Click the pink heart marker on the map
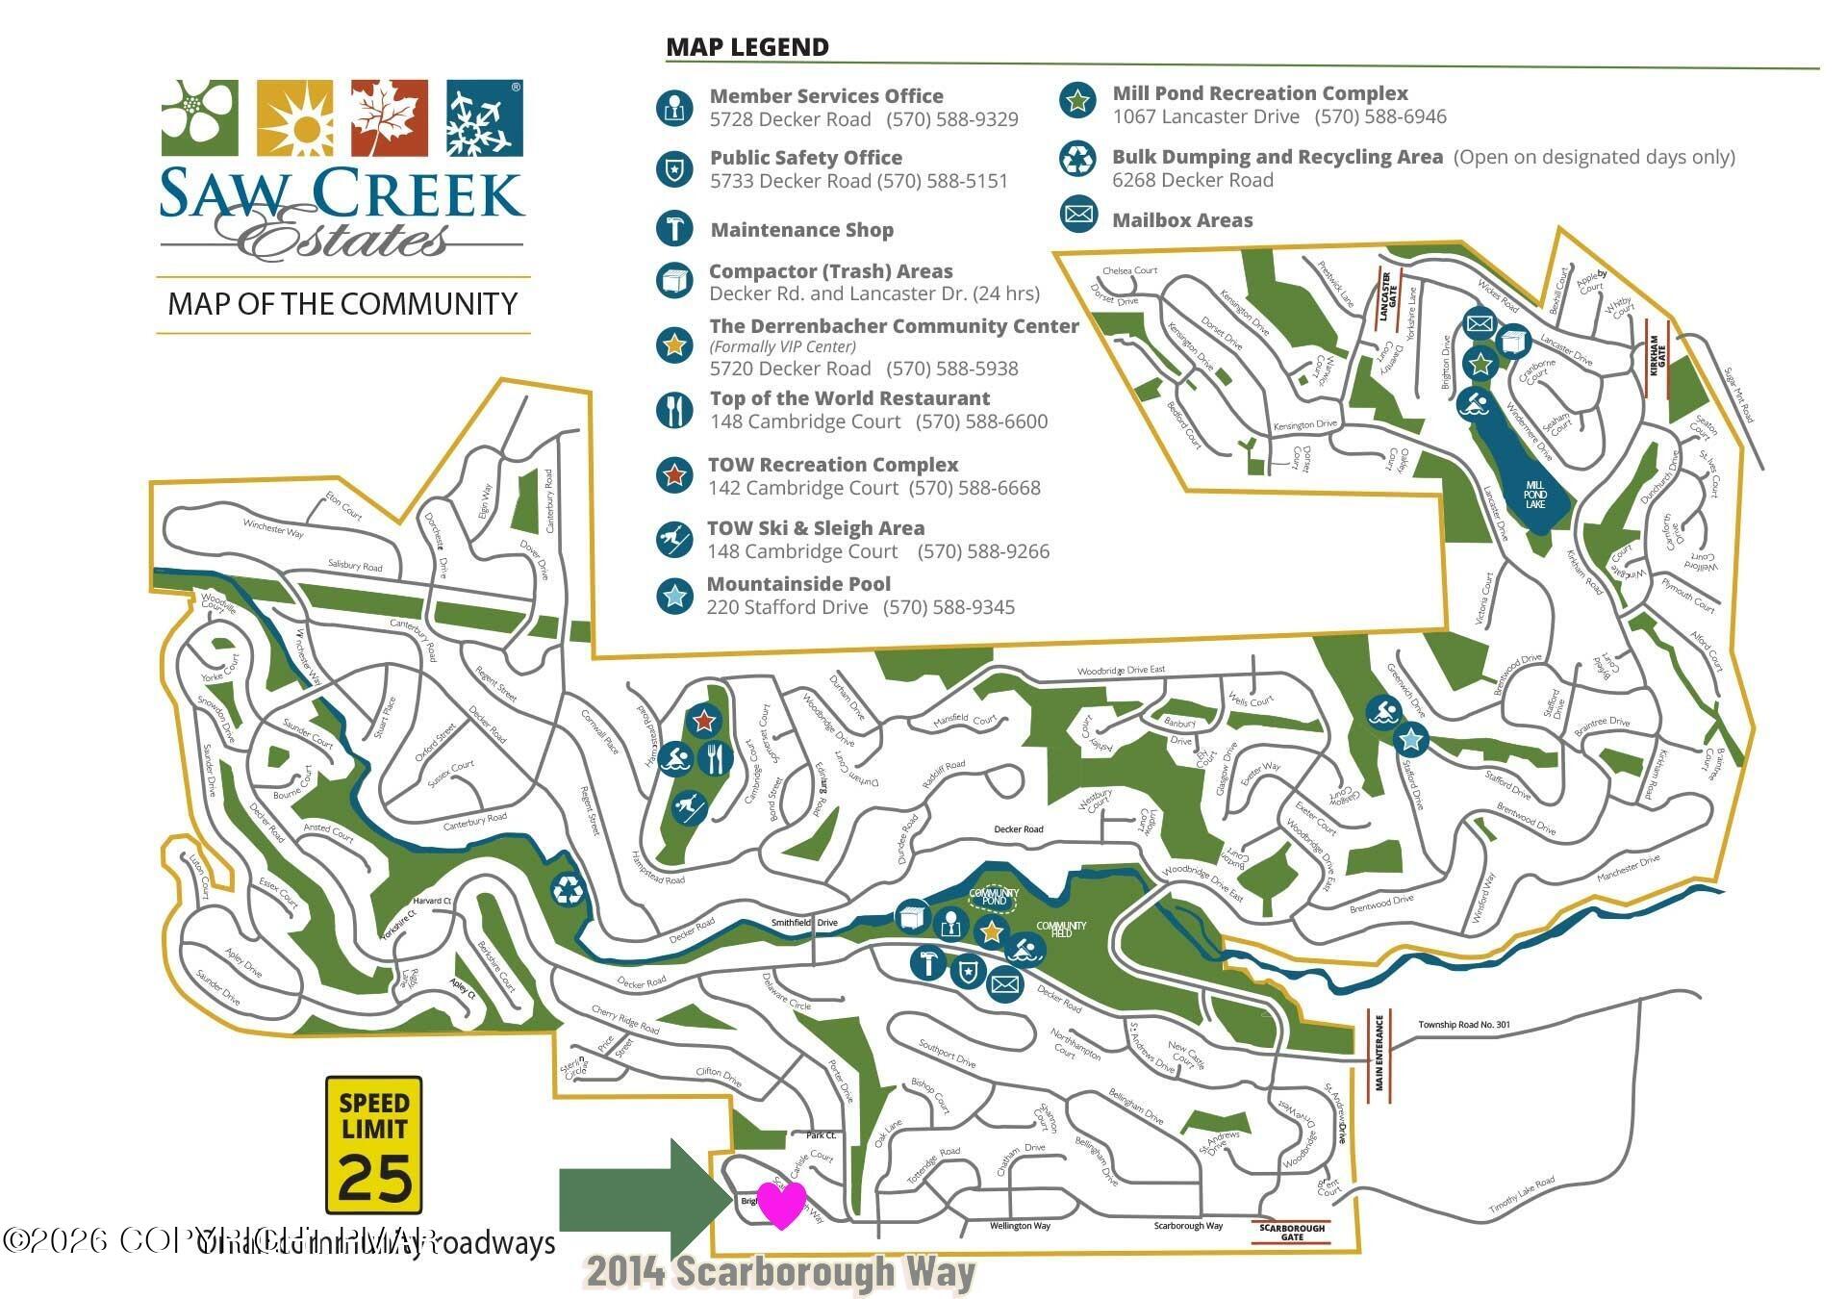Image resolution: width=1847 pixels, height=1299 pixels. [x=780, y=1204]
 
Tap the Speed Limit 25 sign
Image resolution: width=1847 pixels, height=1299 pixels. [x=373, y=1145]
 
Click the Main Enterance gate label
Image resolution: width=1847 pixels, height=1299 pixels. [x=1379, y=1051]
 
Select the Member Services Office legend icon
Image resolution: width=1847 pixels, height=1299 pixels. [x=674, y=107]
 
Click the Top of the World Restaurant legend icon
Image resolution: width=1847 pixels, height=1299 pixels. [x=674, y=410]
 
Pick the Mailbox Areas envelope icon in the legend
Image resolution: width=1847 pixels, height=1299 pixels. [x=1078, y=214]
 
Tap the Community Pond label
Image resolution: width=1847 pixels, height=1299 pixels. [x=994, y=897]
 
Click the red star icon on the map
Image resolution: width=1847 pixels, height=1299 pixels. [x=704, y=719]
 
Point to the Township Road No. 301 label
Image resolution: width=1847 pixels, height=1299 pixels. [x=1463, y=1025]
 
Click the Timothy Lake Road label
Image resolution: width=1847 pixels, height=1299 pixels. [x=1522, y=1195]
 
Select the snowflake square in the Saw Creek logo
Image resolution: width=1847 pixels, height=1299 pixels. [x=485, y=117]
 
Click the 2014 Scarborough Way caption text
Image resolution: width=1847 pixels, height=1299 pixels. [x=779, y=1271]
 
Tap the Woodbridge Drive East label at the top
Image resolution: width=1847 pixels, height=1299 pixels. [x=1121, y=671]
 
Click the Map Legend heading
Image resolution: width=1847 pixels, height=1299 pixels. [x=747, y=46]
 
